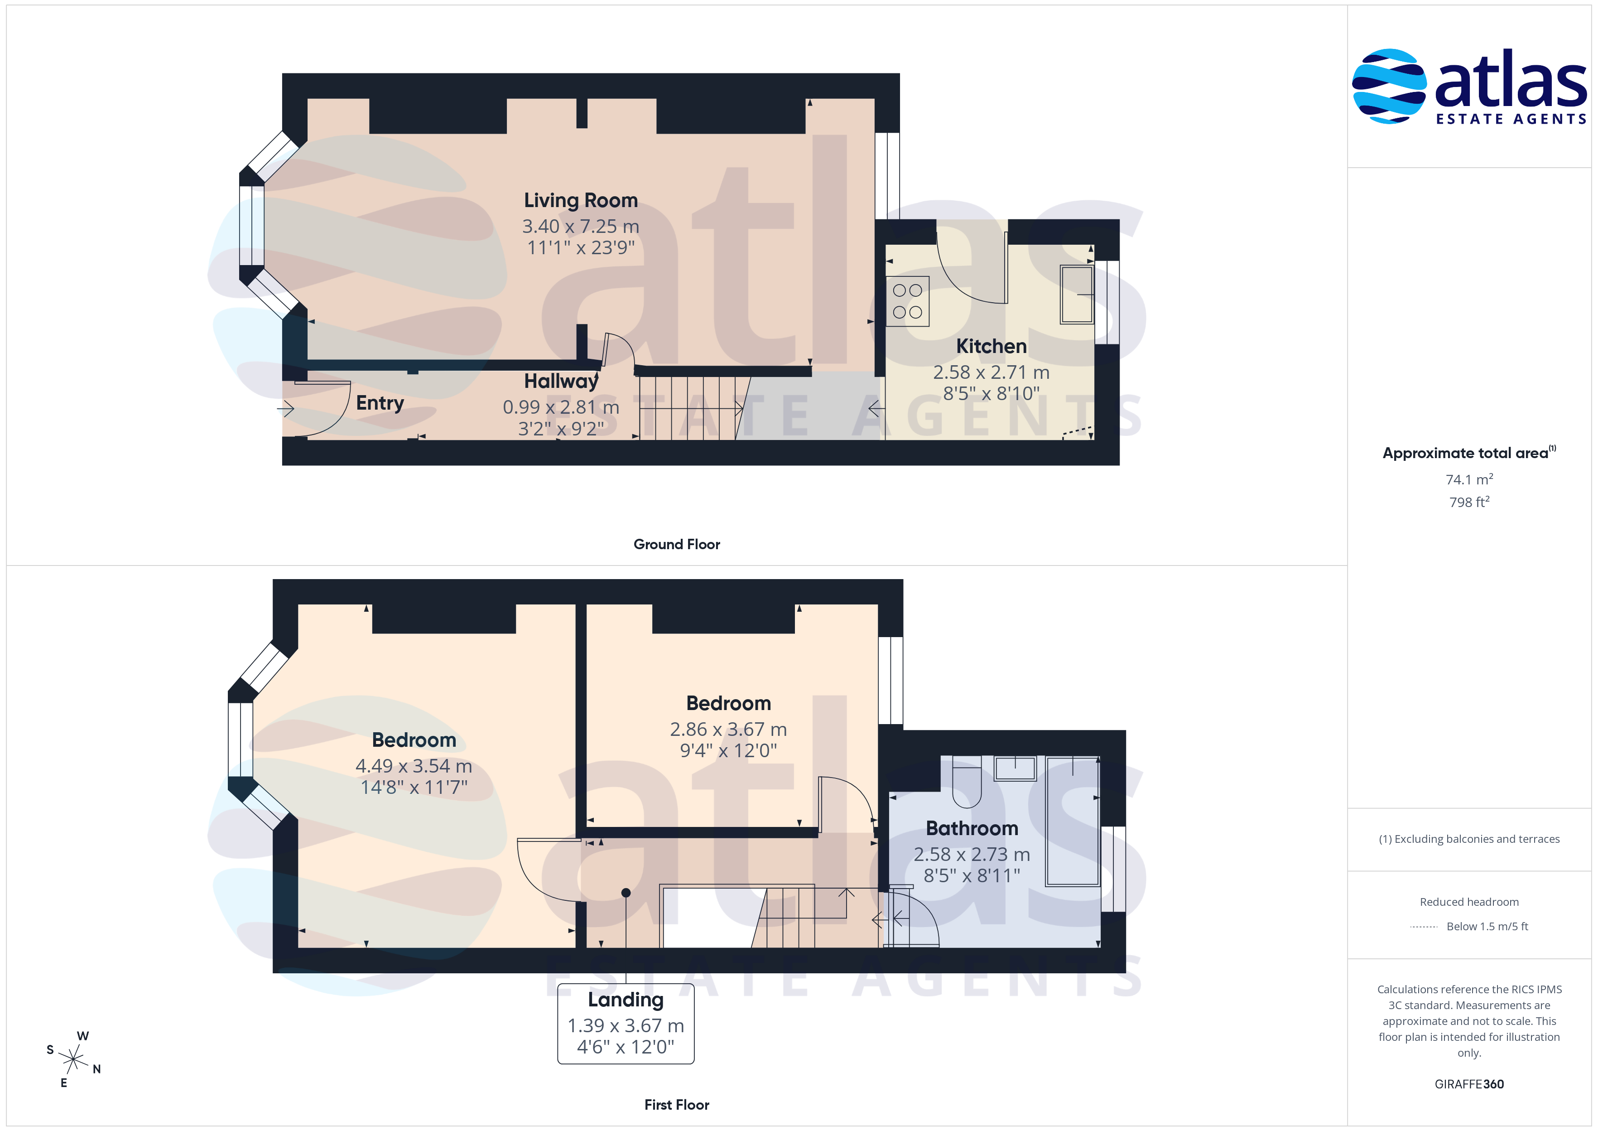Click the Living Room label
coord(581,201)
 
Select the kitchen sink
coord(1077,294)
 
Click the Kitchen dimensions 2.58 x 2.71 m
coord(991,372)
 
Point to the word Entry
coord(380,403)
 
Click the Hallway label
coord(561,381)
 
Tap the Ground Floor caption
coord(677,545)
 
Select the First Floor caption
coord(677,1105)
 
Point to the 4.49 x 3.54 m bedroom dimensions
coord(414,766)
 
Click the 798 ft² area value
coord(1469,502)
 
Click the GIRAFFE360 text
coord(1469,1084)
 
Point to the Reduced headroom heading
coord(1469,902)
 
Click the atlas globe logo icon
coord(1388,87)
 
